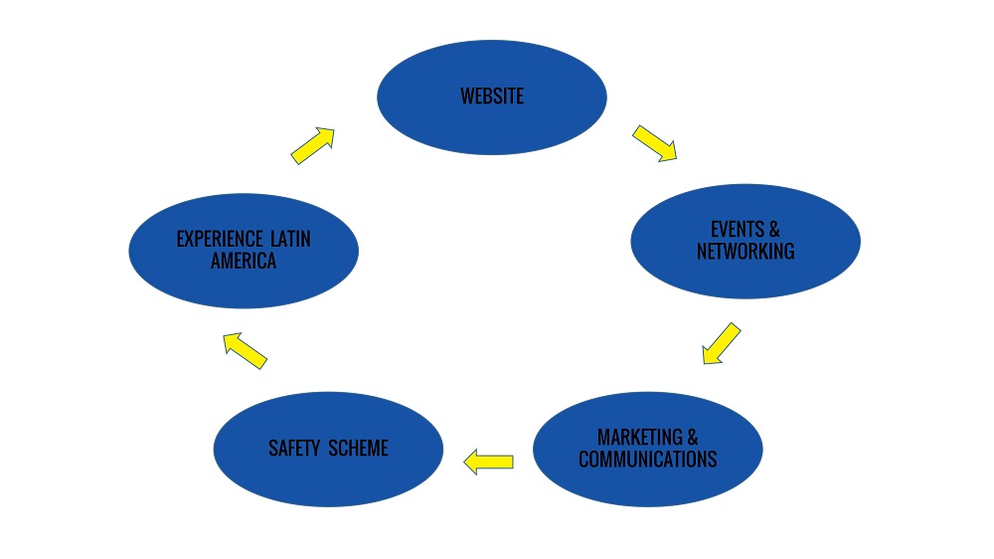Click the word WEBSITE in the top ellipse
492,96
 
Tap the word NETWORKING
745,251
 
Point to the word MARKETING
640,438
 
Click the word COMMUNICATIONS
648,460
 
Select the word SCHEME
357,449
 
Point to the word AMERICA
244,263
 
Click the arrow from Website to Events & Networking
654,142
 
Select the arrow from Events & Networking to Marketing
722,342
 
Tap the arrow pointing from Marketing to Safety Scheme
489,461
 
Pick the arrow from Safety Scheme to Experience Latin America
245,350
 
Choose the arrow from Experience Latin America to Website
312,144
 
